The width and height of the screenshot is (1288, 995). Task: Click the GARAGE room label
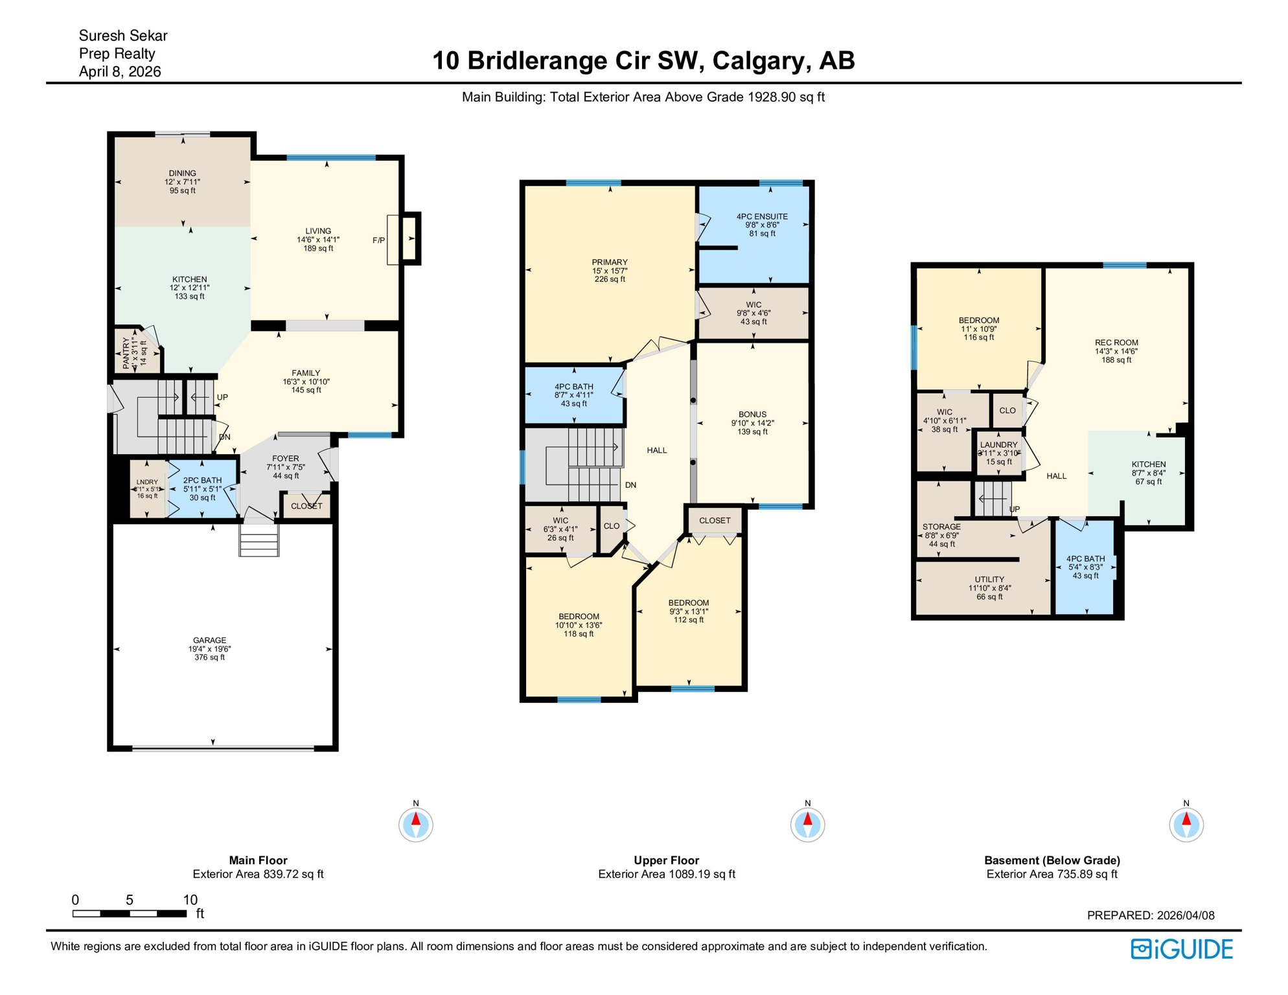[x=209, y=640]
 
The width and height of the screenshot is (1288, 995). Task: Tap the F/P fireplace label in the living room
[x=378, y=240]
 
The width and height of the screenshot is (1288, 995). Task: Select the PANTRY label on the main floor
[x=126, y=353]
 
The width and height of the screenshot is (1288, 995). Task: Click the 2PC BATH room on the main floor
[x=202, y=488]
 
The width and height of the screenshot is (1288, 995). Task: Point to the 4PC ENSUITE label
[x=762, y=216]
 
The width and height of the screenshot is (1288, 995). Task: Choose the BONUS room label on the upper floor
[x=752, y=415]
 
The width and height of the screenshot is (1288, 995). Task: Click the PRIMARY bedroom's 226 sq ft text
[x=610, y=279]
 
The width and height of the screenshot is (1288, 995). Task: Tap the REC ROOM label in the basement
[x=1116, y=343]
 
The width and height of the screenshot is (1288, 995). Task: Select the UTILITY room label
[x=989, y=580]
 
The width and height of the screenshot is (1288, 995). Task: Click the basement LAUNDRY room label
[x=998, y=445]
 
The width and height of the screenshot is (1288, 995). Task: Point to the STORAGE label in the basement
[x=941, y=527]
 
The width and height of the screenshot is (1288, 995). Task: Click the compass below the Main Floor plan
[x=416, y=825]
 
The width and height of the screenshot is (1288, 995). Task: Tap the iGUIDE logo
[x=1182, y=949]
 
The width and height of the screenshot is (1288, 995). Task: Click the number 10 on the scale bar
[x=190, y=899]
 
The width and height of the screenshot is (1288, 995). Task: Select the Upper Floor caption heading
[x=666, y=860]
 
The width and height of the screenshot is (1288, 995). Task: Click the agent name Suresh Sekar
[x=123, y=36]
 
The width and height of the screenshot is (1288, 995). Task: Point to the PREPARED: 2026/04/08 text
[x=1151, y=915]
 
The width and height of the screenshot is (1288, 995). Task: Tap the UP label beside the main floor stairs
[x=222, y=397]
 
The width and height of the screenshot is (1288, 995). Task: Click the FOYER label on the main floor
[x=285, y=459]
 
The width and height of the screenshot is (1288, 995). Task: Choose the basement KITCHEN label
[x=1149, y=464]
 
